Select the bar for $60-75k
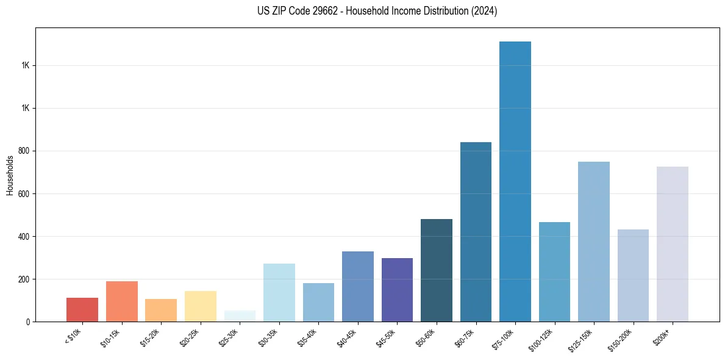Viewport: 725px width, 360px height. (x=476, y=232)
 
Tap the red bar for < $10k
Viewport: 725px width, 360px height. (x=82, y=310)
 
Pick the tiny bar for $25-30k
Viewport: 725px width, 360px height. (x=240, y=316)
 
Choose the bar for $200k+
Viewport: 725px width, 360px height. (x=672, y=244)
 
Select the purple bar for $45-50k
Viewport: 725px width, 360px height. (x=397, y=290)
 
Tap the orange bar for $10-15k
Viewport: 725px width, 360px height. (x=121, y=301)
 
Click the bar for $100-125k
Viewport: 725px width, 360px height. (x=554, y=272)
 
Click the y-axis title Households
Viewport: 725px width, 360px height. (x=10, y=175)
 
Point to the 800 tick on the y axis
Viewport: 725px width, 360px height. (x=26, y=151)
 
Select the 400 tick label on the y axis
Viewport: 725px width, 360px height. (x=26, y=236)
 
